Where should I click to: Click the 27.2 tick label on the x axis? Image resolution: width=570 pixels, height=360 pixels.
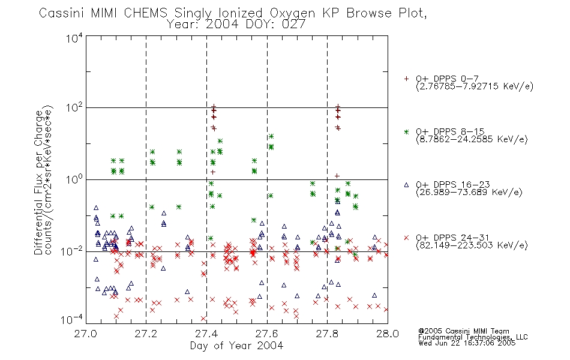[146, 334]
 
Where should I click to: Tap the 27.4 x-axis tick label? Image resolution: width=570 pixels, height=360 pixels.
[206, 334]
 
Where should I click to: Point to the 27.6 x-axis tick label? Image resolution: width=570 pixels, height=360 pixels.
[267, 334]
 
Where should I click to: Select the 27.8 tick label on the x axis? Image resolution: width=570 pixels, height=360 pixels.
[327, 334]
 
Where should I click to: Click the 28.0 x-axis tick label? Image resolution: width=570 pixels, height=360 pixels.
[388, 334]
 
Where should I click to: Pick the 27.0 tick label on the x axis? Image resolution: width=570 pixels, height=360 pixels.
[86, 334]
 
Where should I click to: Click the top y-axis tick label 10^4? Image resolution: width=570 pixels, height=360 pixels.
[74, 38]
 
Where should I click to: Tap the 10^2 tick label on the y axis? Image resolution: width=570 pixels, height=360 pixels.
[74, 107]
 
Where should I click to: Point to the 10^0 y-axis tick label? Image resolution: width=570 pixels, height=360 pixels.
[74, 179]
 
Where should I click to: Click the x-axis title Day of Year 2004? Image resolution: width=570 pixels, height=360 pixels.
[236, 346]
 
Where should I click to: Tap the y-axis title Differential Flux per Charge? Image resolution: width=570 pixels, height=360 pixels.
[39, 182]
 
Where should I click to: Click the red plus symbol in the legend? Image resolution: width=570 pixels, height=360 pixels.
[406, 79]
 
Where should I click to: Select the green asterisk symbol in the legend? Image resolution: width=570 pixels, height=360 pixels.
[406, 131]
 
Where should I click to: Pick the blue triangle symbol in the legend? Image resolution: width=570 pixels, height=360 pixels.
[406, 185]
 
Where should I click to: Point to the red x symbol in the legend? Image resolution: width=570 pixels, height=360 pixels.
[406, 238]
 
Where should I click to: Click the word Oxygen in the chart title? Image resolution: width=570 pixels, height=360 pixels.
[292, 13]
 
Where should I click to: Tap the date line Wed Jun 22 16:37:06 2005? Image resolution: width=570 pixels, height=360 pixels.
[467, 343]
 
